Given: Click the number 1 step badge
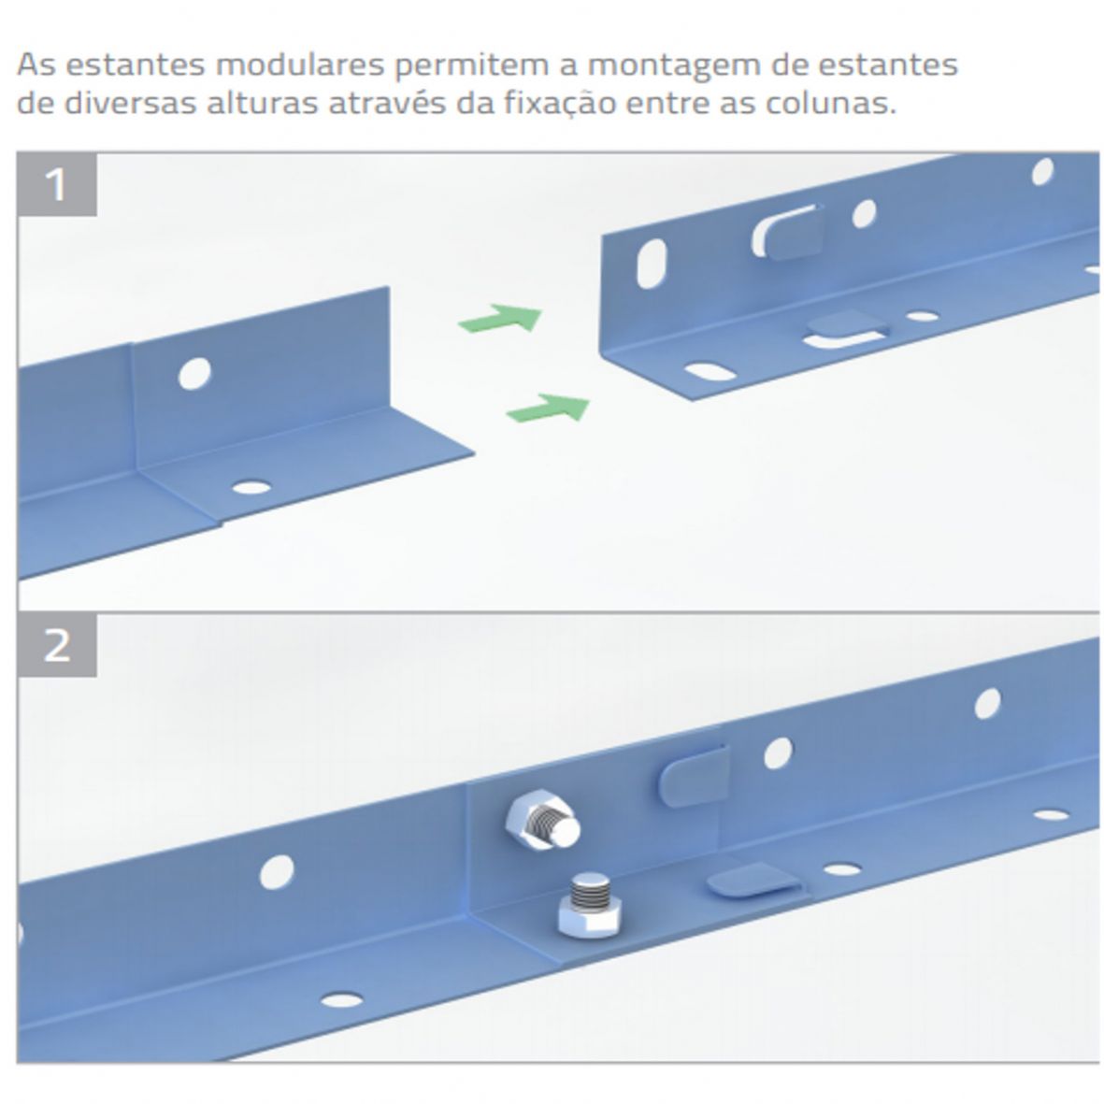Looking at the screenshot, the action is tap(57, 184).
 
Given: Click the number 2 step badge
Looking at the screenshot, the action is tap(57, 645).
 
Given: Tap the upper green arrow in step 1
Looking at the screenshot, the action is tap(501, 318).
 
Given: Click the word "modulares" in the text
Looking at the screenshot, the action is tap(300, 65).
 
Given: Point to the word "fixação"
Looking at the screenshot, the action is tap(560, 104).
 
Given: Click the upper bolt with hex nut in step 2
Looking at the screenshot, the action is tap(542, 821).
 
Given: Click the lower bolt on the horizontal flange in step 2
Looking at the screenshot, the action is tap(590, 906).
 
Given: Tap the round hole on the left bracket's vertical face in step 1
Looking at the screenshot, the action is tap(194, 373).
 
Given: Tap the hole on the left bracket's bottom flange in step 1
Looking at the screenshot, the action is tap(251, 487).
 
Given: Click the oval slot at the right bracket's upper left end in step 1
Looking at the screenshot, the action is tap(652, 264).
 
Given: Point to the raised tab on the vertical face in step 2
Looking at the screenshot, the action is tap(693, 776).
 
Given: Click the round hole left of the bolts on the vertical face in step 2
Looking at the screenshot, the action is tap(277, 873).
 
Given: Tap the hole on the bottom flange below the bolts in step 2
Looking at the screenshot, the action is tap(341, 998).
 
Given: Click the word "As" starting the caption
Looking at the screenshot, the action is tap(36, 65).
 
